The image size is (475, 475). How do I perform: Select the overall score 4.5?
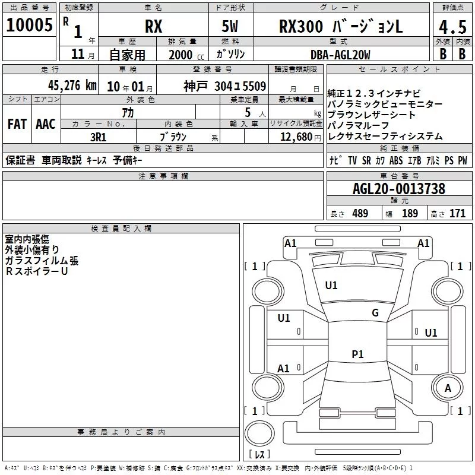[451, 27]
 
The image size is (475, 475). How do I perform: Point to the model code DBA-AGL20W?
[340, 55]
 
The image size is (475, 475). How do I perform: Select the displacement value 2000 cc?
[176, 55]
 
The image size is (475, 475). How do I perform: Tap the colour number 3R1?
[99, 137]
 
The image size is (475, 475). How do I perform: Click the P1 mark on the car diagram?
[357, 354]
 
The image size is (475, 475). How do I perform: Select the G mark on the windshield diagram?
[375, 313]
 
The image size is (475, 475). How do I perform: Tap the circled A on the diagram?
[448, 388]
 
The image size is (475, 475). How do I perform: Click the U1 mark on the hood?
[331, 286]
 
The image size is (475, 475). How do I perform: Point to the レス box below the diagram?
[259, 455]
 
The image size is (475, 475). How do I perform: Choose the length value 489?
[360, 214]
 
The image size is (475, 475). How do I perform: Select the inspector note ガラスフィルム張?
[42, 261]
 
